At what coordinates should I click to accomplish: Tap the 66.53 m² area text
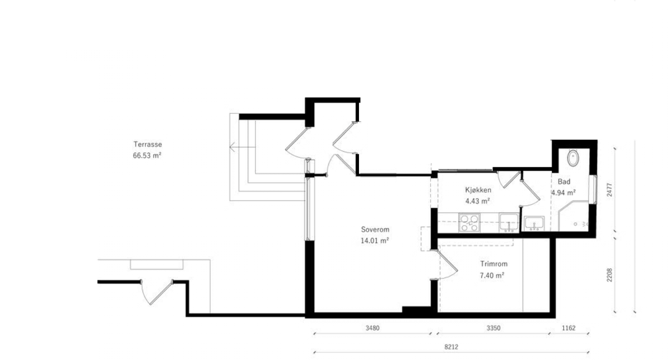(x=147, y=157)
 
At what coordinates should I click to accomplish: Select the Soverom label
(x=374, y=229)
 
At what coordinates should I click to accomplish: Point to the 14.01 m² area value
(x=374, y=241)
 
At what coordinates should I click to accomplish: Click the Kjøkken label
(x=477, y=189)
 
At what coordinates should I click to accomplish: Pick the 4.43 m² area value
(x=477, y=201)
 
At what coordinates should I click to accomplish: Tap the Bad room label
(x=564, y=182)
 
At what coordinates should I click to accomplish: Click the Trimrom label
(x=493, y=264)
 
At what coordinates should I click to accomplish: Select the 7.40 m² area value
(x=492, y=275)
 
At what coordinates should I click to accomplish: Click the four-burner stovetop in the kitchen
(x=469, y=222)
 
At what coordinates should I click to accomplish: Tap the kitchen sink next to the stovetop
(x=508, y=222)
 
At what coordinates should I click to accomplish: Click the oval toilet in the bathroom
(x=573, y=158)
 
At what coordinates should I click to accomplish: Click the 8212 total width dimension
(x=452, y=347)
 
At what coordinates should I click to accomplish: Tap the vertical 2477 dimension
(x=609, y=192)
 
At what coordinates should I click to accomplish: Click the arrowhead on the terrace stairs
(x=231, y=148)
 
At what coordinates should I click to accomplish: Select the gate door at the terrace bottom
(x=156, y=291)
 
